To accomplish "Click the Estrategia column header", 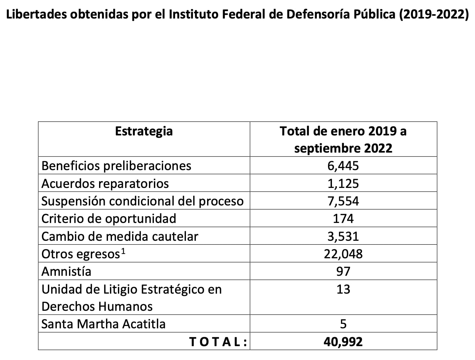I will (x=144, y=131).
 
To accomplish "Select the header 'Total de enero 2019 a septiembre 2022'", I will (x=343, y=139).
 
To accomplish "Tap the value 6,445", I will (x=343, y=166).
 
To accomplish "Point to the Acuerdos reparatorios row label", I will (x=105, y=184).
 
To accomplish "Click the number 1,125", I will (x=343, y=184).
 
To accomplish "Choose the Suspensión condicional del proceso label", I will (x=142, y=201).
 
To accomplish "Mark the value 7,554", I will (x=343, y=201).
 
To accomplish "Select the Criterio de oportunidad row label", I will (x=109, y=219).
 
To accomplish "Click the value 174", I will (x=343, y=219).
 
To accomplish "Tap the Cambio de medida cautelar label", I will (x=120, y=236).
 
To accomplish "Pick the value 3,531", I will (x=343, y=236).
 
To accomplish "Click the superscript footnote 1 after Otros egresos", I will (x=123, y=251).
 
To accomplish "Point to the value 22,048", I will (x=343, y=254).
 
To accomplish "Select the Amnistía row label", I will (x=66, y=271).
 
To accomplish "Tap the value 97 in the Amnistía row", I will (x=343, y=271).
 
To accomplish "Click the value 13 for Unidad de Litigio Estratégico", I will (x=343, y=289).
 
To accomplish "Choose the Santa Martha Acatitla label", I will (x=103, y=324).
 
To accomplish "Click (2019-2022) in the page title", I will (x=433, y=15).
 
